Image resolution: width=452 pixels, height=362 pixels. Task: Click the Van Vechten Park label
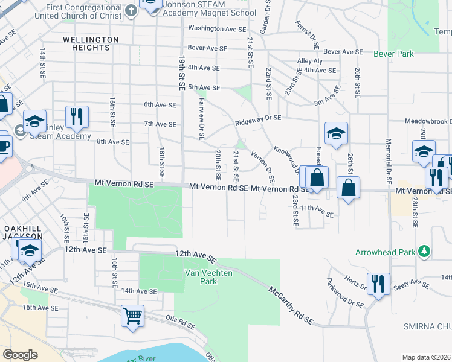pyautogui.click(x=200, y=277)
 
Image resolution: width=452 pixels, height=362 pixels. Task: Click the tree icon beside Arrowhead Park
pyautogui.click(x=425, y=250)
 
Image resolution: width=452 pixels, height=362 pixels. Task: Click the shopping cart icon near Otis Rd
pyautogui.click(x=132, y=315)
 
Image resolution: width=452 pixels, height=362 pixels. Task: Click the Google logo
pyautogui.click(x=20, y=355)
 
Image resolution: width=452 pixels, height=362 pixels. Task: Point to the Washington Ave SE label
pyautogui.click(x=217, y=28)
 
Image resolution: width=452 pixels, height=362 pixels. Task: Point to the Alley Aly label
pyautogui.click(x=309, y=61)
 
